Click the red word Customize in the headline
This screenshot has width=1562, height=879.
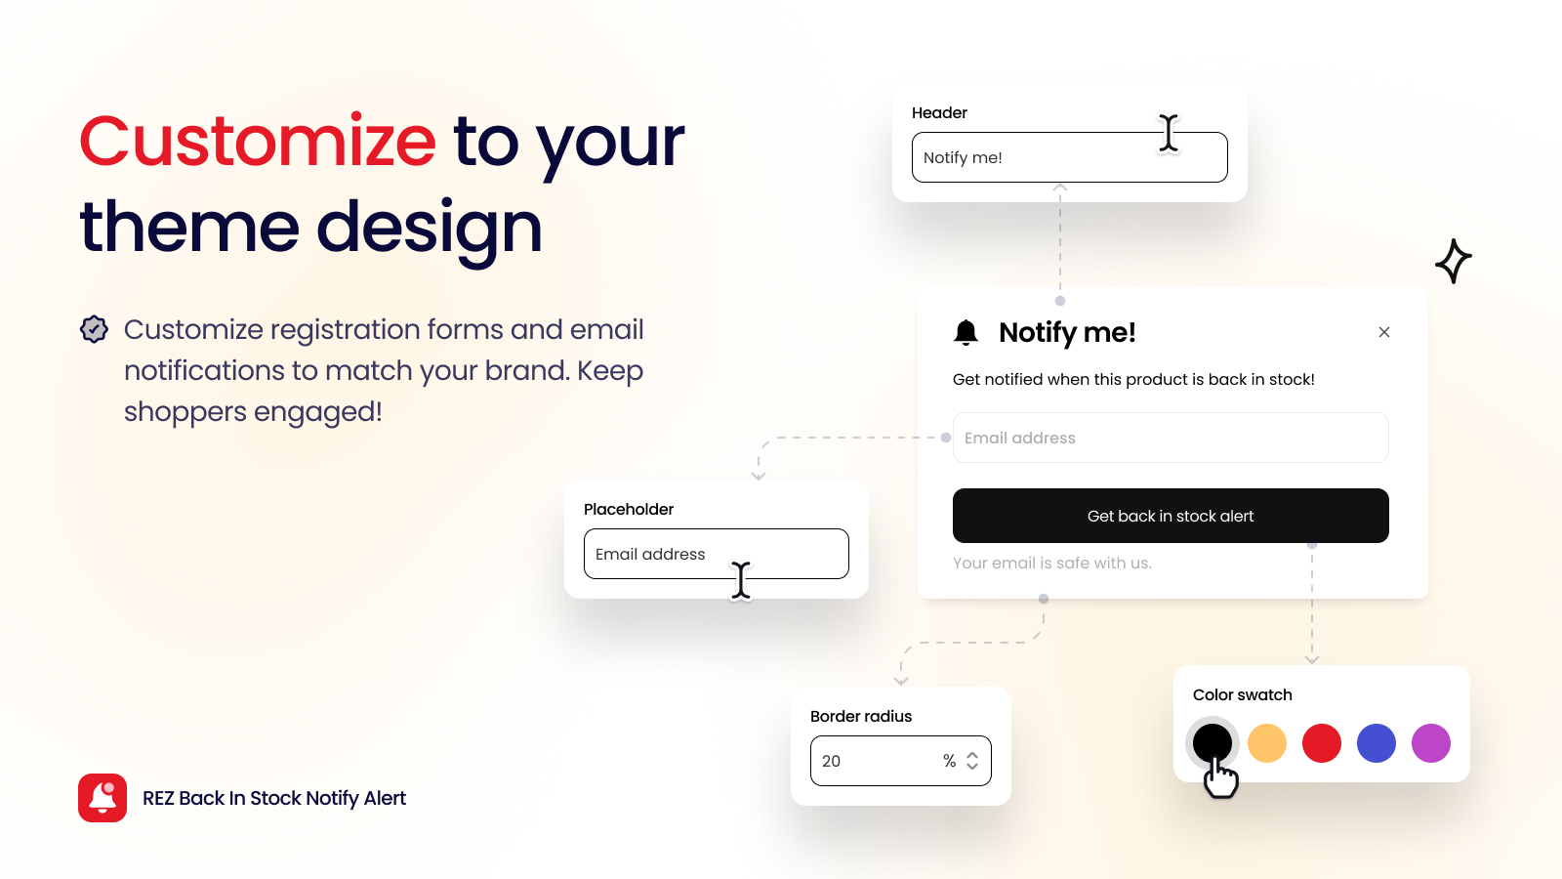pos(257,142)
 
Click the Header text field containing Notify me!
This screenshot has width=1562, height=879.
pos(1035,157)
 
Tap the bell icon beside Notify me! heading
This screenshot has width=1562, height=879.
pos(966,333)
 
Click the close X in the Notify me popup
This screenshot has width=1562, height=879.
pos(1383,332)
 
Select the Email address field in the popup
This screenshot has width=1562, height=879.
pos(1170,438)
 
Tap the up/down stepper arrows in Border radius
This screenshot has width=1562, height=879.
pos(972,761)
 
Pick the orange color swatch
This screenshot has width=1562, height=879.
pos(1267,743)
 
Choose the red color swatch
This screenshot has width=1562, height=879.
pos(1322,743)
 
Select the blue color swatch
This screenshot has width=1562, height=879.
pos(1377,743)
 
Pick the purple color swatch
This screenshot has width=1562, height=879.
pos(1431,743)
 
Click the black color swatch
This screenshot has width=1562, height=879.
pos(1213,741)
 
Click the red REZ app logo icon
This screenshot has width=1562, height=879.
pos(103,798)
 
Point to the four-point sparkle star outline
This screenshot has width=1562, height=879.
pos(1454,261)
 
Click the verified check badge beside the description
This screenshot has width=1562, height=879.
pos(94,329)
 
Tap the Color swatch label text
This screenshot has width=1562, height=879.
pos(1242,694)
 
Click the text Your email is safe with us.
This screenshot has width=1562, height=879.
pos(1051,563)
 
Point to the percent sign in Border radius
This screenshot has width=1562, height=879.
pos(949,761)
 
